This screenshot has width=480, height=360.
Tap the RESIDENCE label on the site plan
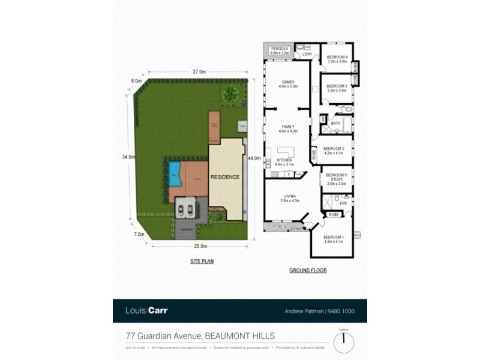[x=225, y=177]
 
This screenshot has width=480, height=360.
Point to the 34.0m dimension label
[x=128, y=157]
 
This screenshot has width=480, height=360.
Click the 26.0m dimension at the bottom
[x=200, y=246]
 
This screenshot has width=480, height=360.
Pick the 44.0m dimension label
[x=254, y=158]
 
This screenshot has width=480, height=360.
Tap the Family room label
[x=289, y=127]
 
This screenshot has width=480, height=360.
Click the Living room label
[x=289, y=196]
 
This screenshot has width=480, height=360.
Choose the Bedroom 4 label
[x=337, y=57]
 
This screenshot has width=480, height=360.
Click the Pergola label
[x=280, y=49]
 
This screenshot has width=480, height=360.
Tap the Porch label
[x=279, y=227]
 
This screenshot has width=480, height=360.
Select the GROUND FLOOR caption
[x=308, y=271]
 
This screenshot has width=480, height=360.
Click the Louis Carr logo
[x=146, y=311]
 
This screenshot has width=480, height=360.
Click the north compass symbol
[x=344, y=343]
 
